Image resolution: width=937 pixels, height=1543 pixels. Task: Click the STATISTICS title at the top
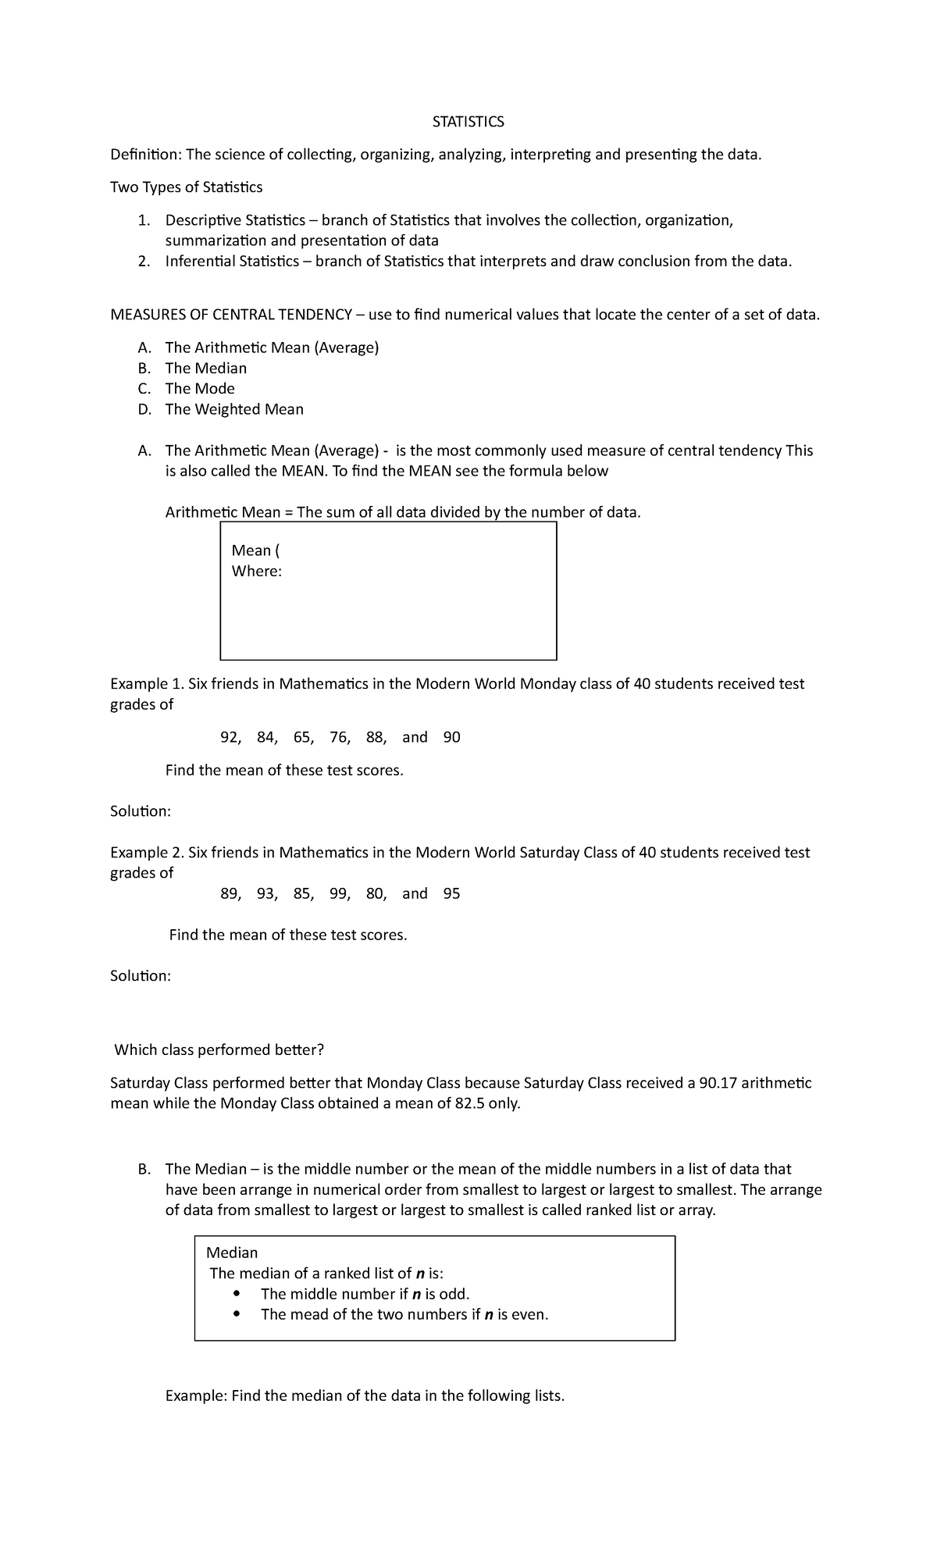coord(468,122)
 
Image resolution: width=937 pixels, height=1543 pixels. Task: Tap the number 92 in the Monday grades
coord(230,737)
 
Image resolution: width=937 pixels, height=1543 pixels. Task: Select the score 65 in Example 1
coord(302,737)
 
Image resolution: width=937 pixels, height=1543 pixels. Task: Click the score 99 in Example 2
coord(339,893)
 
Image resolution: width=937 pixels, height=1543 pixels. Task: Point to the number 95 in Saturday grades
coord(451,893)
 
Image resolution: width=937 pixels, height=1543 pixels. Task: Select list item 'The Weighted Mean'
coord(234,409)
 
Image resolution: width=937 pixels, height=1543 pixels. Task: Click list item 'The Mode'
coord(200,388)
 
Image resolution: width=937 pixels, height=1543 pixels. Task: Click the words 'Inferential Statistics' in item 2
coord(232,261)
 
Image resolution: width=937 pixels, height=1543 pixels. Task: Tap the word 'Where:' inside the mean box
coord(256,571)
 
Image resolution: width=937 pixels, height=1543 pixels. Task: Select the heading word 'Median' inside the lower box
coord(232,1253)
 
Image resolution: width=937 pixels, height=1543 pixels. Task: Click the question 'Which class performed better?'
coord(219,1049)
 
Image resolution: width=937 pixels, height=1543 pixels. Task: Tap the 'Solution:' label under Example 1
coord(141,811)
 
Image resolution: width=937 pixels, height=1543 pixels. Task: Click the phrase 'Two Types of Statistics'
coord(187,187)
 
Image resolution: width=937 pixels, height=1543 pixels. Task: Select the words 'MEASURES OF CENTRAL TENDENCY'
coord(231,315)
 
